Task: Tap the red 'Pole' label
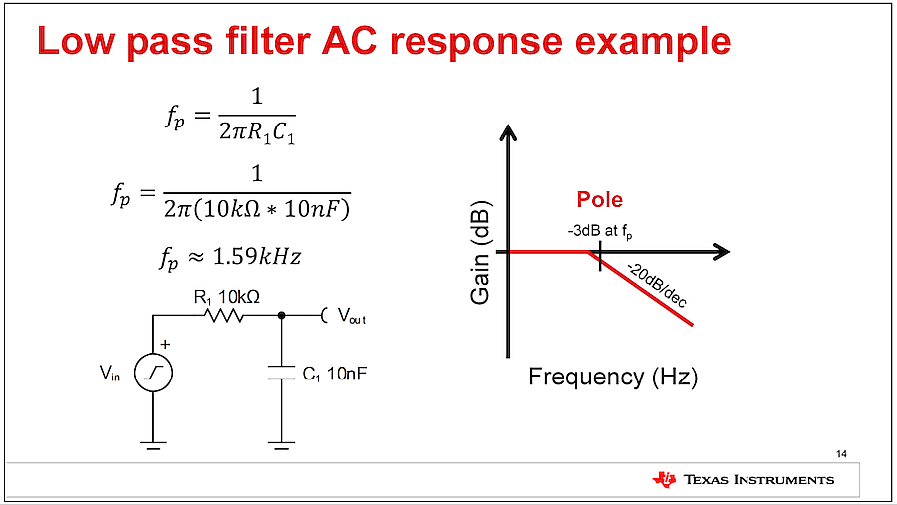(x=600, y=199)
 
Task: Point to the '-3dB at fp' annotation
(x=600, y=232)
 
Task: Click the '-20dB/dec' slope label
(x=657, y=285)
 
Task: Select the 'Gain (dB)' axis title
(x=480, y=253)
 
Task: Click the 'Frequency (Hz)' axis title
(x=613, y=377)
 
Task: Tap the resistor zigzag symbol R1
(x=224, y=315)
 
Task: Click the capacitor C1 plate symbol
(x=281, y=373)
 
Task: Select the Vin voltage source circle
(x=153, y=373)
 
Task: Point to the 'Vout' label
(x=351, y=316)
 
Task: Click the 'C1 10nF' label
(x=335, y=375)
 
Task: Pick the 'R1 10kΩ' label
(x=227, y=298)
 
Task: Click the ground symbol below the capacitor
(x=281, y=445)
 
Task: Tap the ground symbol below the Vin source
(x=153, y=445)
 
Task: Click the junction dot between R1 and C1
(x=281, y=315)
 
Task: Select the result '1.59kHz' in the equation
(x=257, y=257)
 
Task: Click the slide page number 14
(x=841, y=454)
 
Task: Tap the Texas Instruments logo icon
(x=664, y=479)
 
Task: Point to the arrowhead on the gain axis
(x=508, y=132)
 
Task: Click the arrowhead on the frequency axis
(x=722, y=252)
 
